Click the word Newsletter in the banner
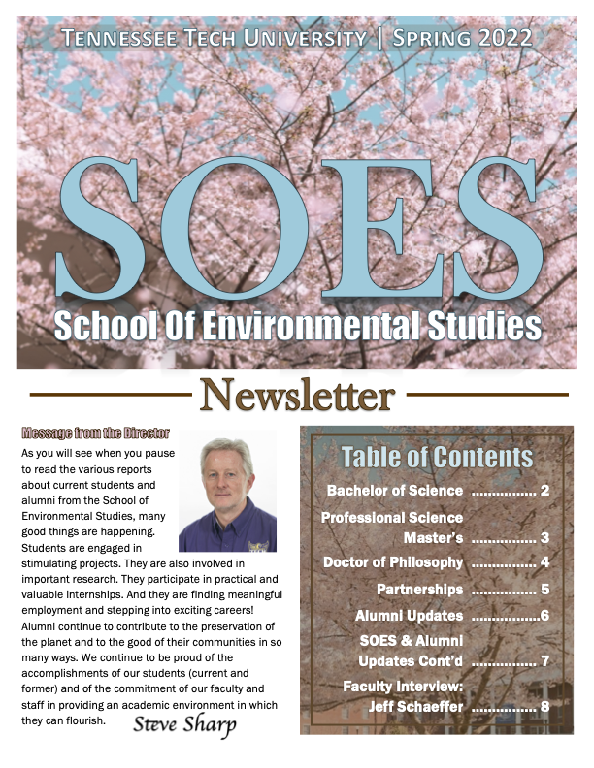point(297,395)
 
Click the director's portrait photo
point(227,496)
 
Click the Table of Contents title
point(437,457)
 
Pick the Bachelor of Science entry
point(395,491)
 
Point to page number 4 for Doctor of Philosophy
point(545,562)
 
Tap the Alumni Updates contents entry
point(409,616)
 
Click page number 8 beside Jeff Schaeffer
point(545,706)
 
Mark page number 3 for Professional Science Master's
point(545,537)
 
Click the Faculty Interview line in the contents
point(403,687)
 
